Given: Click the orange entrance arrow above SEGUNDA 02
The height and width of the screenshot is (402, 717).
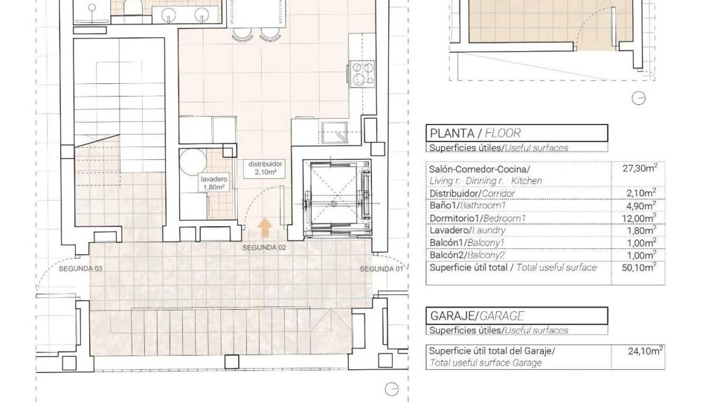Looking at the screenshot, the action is click(x=264, y=228).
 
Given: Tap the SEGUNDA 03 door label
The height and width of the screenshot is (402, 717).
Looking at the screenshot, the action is click(x=81, y=268).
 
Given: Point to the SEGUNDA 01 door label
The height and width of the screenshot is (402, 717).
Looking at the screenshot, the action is click(x=381, y=269).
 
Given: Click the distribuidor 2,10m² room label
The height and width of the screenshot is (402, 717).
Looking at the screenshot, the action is click(x=265, y=168).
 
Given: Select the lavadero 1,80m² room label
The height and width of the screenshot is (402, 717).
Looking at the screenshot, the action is click(x=214, y=183).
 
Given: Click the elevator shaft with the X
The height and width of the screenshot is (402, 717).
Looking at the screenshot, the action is click(x=337, y=199).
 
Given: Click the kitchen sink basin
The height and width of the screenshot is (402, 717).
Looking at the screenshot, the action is click(x=334, y=132).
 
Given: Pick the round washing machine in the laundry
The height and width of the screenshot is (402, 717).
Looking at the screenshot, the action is click(x=193, y=161).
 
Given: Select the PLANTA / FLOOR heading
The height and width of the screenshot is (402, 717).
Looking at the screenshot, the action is click(x=475, y=134).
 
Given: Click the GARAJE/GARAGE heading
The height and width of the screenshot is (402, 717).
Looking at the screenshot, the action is click(x=477, y=316).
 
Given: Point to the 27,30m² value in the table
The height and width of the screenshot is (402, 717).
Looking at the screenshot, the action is click(x=639, y=168).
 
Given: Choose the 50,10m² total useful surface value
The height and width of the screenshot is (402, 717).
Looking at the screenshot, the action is click(x=639, y=267).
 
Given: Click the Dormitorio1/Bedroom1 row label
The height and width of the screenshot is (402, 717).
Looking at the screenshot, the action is click(x=477, y=218).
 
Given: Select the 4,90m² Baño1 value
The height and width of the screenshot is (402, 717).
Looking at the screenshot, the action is click(x=641, y=206).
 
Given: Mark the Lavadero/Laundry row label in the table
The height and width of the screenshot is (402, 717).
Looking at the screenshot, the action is click(x=467, y=231).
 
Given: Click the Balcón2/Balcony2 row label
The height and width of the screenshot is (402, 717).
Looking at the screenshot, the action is click(x=466, y=256).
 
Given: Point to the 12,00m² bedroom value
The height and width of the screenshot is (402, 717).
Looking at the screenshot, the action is click(x=639, y=218).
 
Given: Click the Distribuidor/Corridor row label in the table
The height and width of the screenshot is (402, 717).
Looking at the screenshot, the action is click(x=472, y=193).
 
